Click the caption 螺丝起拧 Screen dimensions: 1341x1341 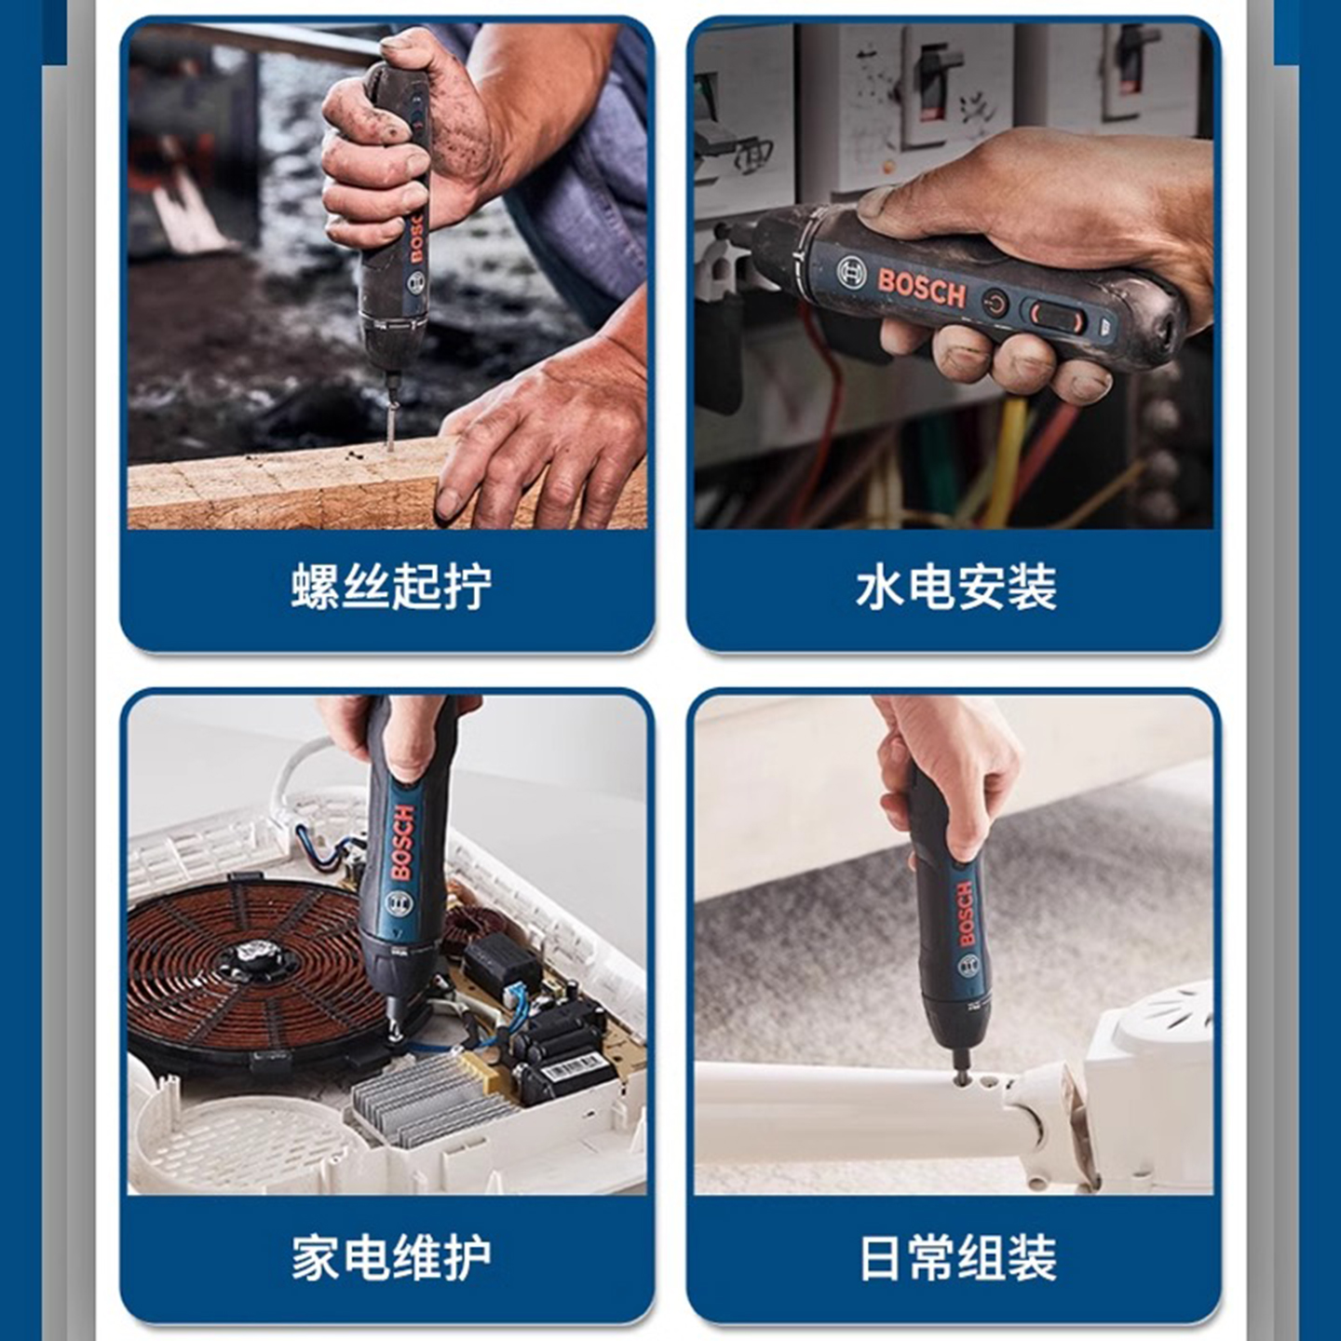click(x=390, y=586)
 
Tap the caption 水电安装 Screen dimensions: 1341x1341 click(x=955, y=586)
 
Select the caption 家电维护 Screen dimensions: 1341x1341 click(x=390, y=1257)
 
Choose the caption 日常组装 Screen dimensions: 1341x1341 click(x=957, y=1257)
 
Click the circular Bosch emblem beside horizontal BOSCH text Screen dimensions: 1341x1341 click(x=851, y=272)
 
